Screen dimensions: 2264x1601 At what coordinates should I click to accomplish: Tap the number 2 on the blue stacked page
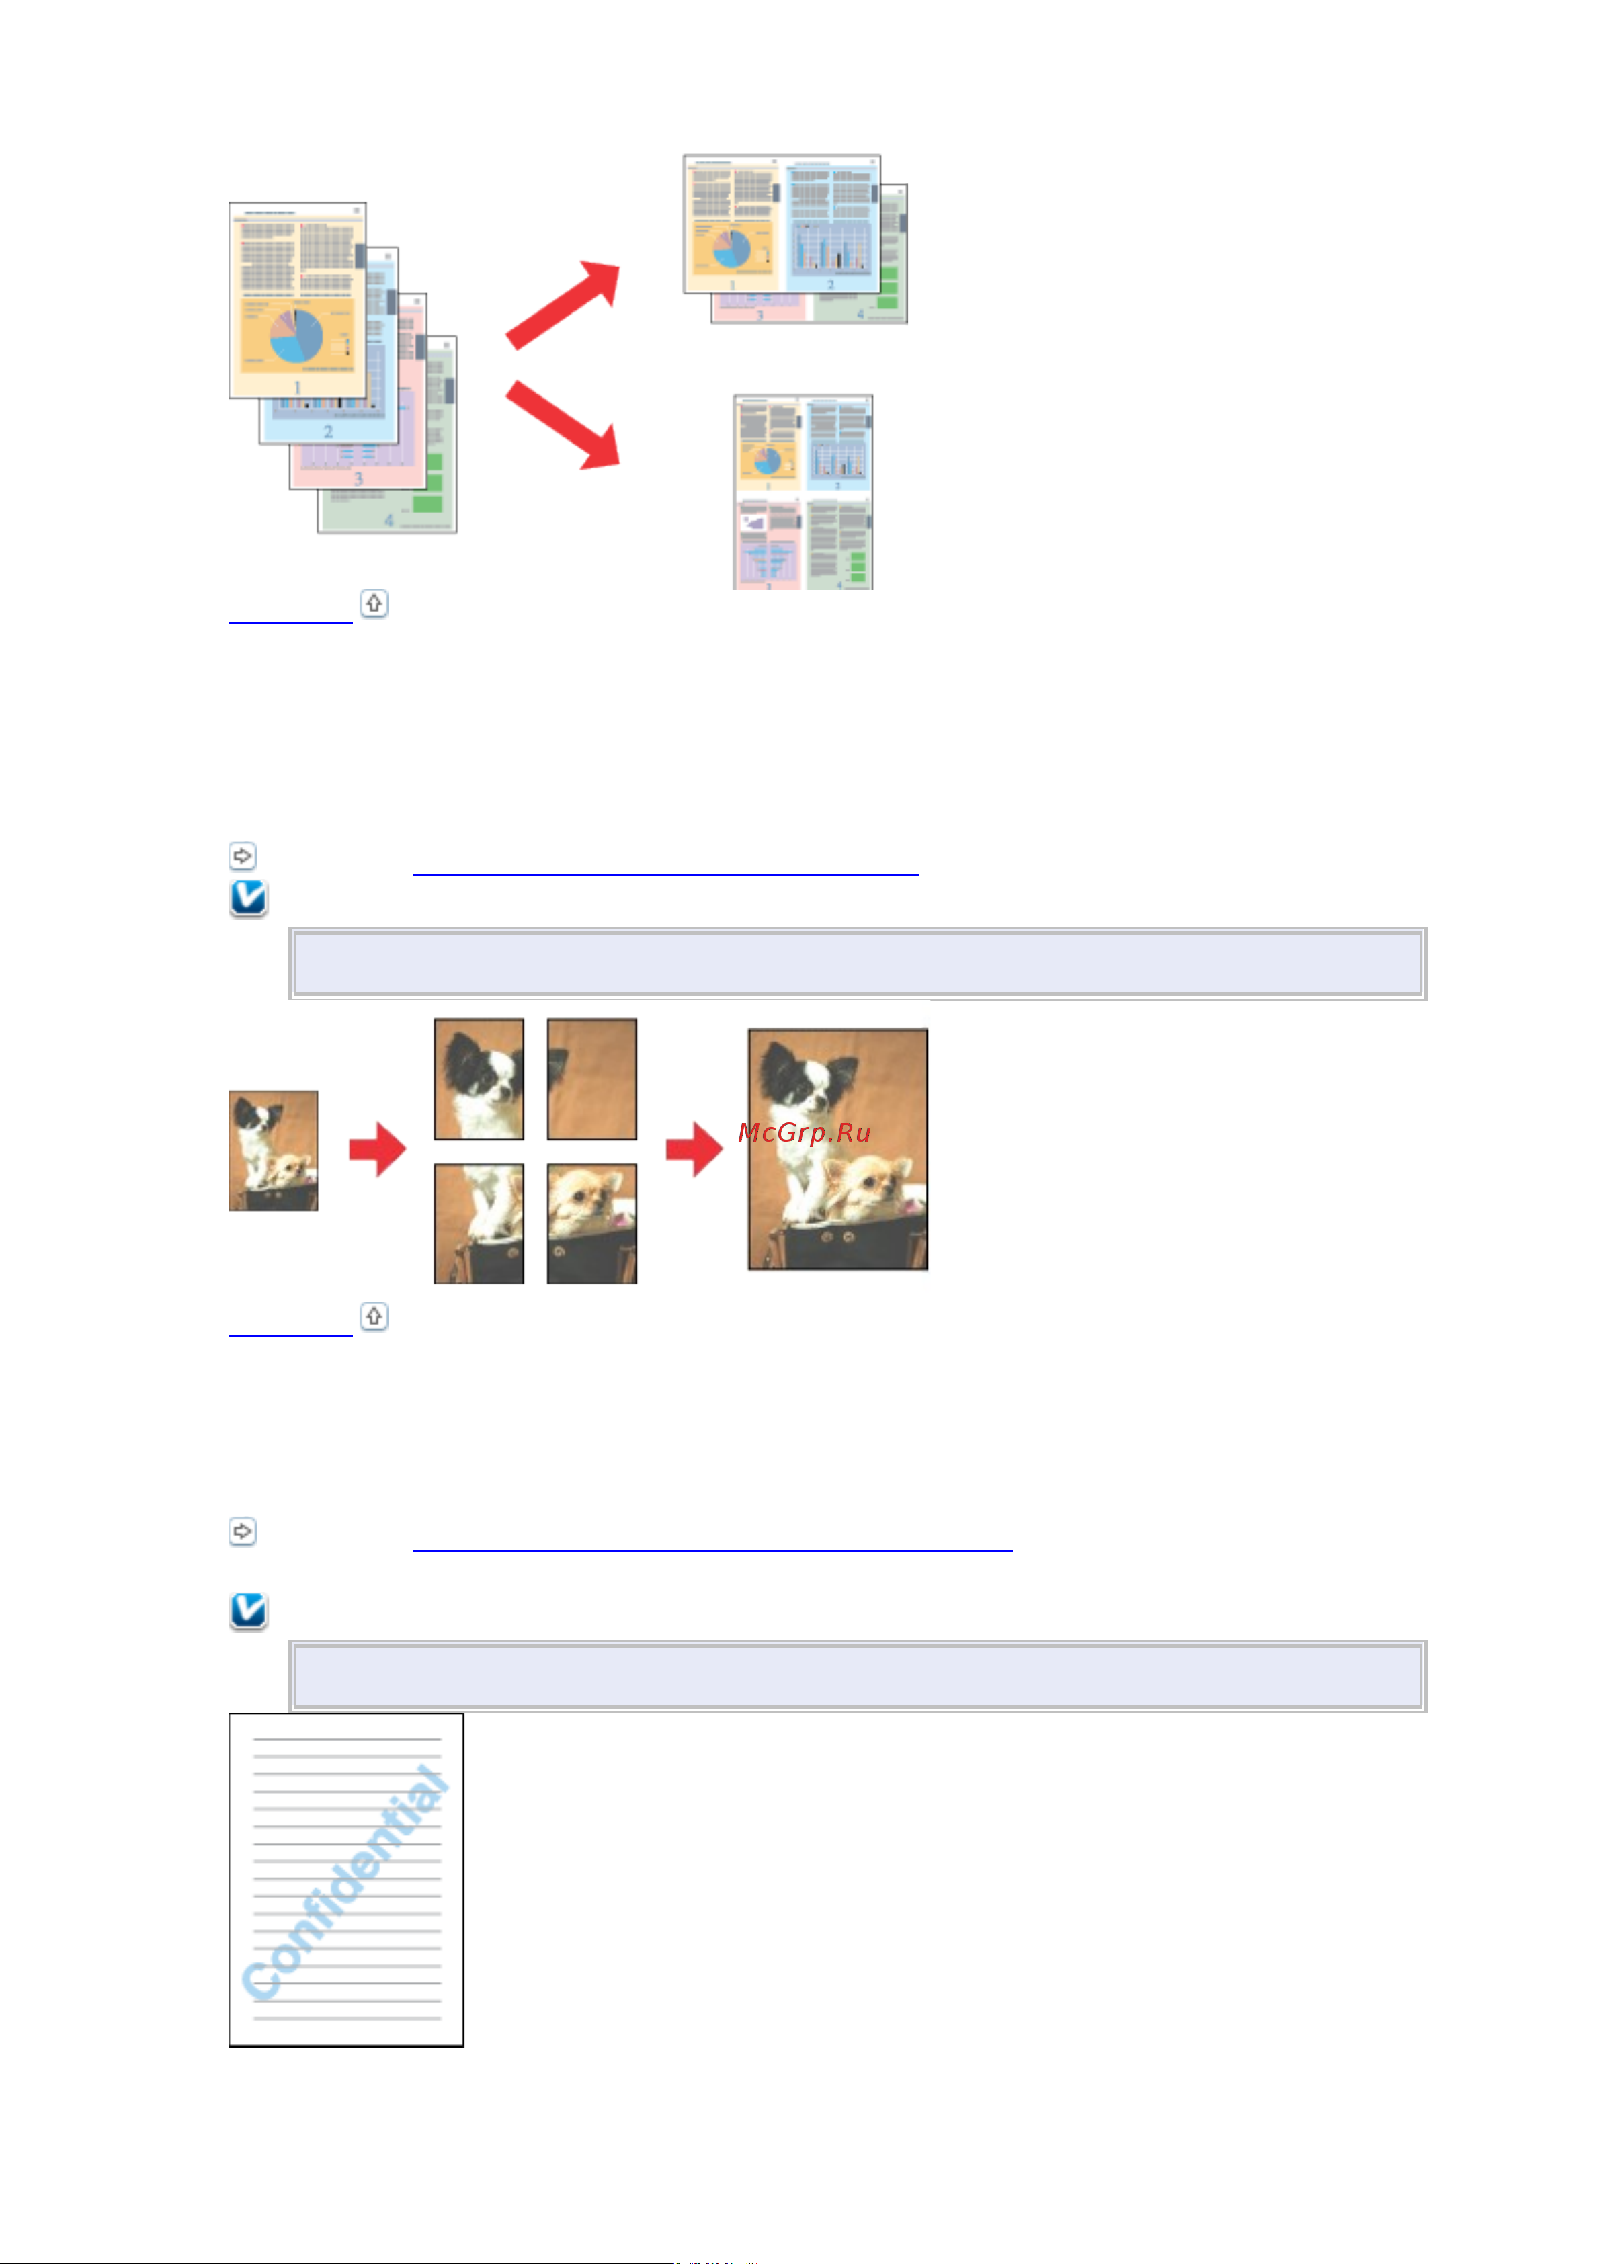[x=329, y=432]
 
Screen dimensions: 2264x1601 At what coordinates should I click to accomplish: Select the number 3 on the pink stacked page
[x=358, y=478]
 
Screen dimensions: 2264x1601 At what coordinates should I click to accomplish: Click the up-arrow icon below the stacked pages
[x=374, y=603]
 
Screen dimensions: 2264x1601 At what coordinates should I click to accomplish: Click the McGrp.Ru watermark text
[x=804, y=1132]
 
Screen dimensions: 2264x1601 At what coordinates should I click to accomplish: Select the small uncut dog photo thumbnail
[x=274, y=1150]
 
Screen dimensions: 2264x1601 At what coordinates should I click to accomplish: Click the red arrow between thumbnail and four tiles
[x=378, y=1150]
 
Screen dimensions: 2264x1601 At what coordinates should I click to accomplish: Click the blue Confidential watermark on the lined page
[x=345, y=1884]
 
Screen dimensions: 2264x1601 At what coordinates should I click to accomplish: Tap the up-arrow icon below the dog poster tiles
[x=374, y=1316]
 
